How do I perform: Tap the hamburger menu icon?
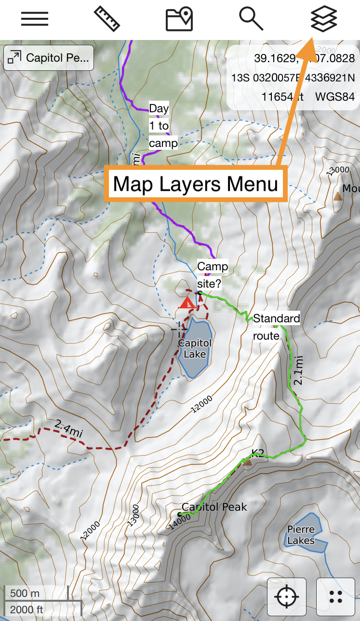point(35,19)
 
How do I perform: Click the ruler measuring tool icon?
point(107,19)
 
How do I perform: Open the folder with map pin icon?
point(179,19)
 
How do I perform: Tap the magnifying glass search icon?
point(251,19)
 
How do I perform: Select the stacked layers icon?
point(323,19)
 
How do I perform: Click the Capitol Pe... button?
point(49,58)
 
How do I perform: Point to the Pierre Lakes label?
point(301,535)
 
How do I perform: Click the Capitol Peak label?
point(214,507)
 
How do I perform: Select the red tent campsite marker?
point(187,303)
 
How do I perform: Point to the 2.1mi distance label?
point(299,370)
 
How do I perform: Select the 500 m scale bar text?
point(25,593)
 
